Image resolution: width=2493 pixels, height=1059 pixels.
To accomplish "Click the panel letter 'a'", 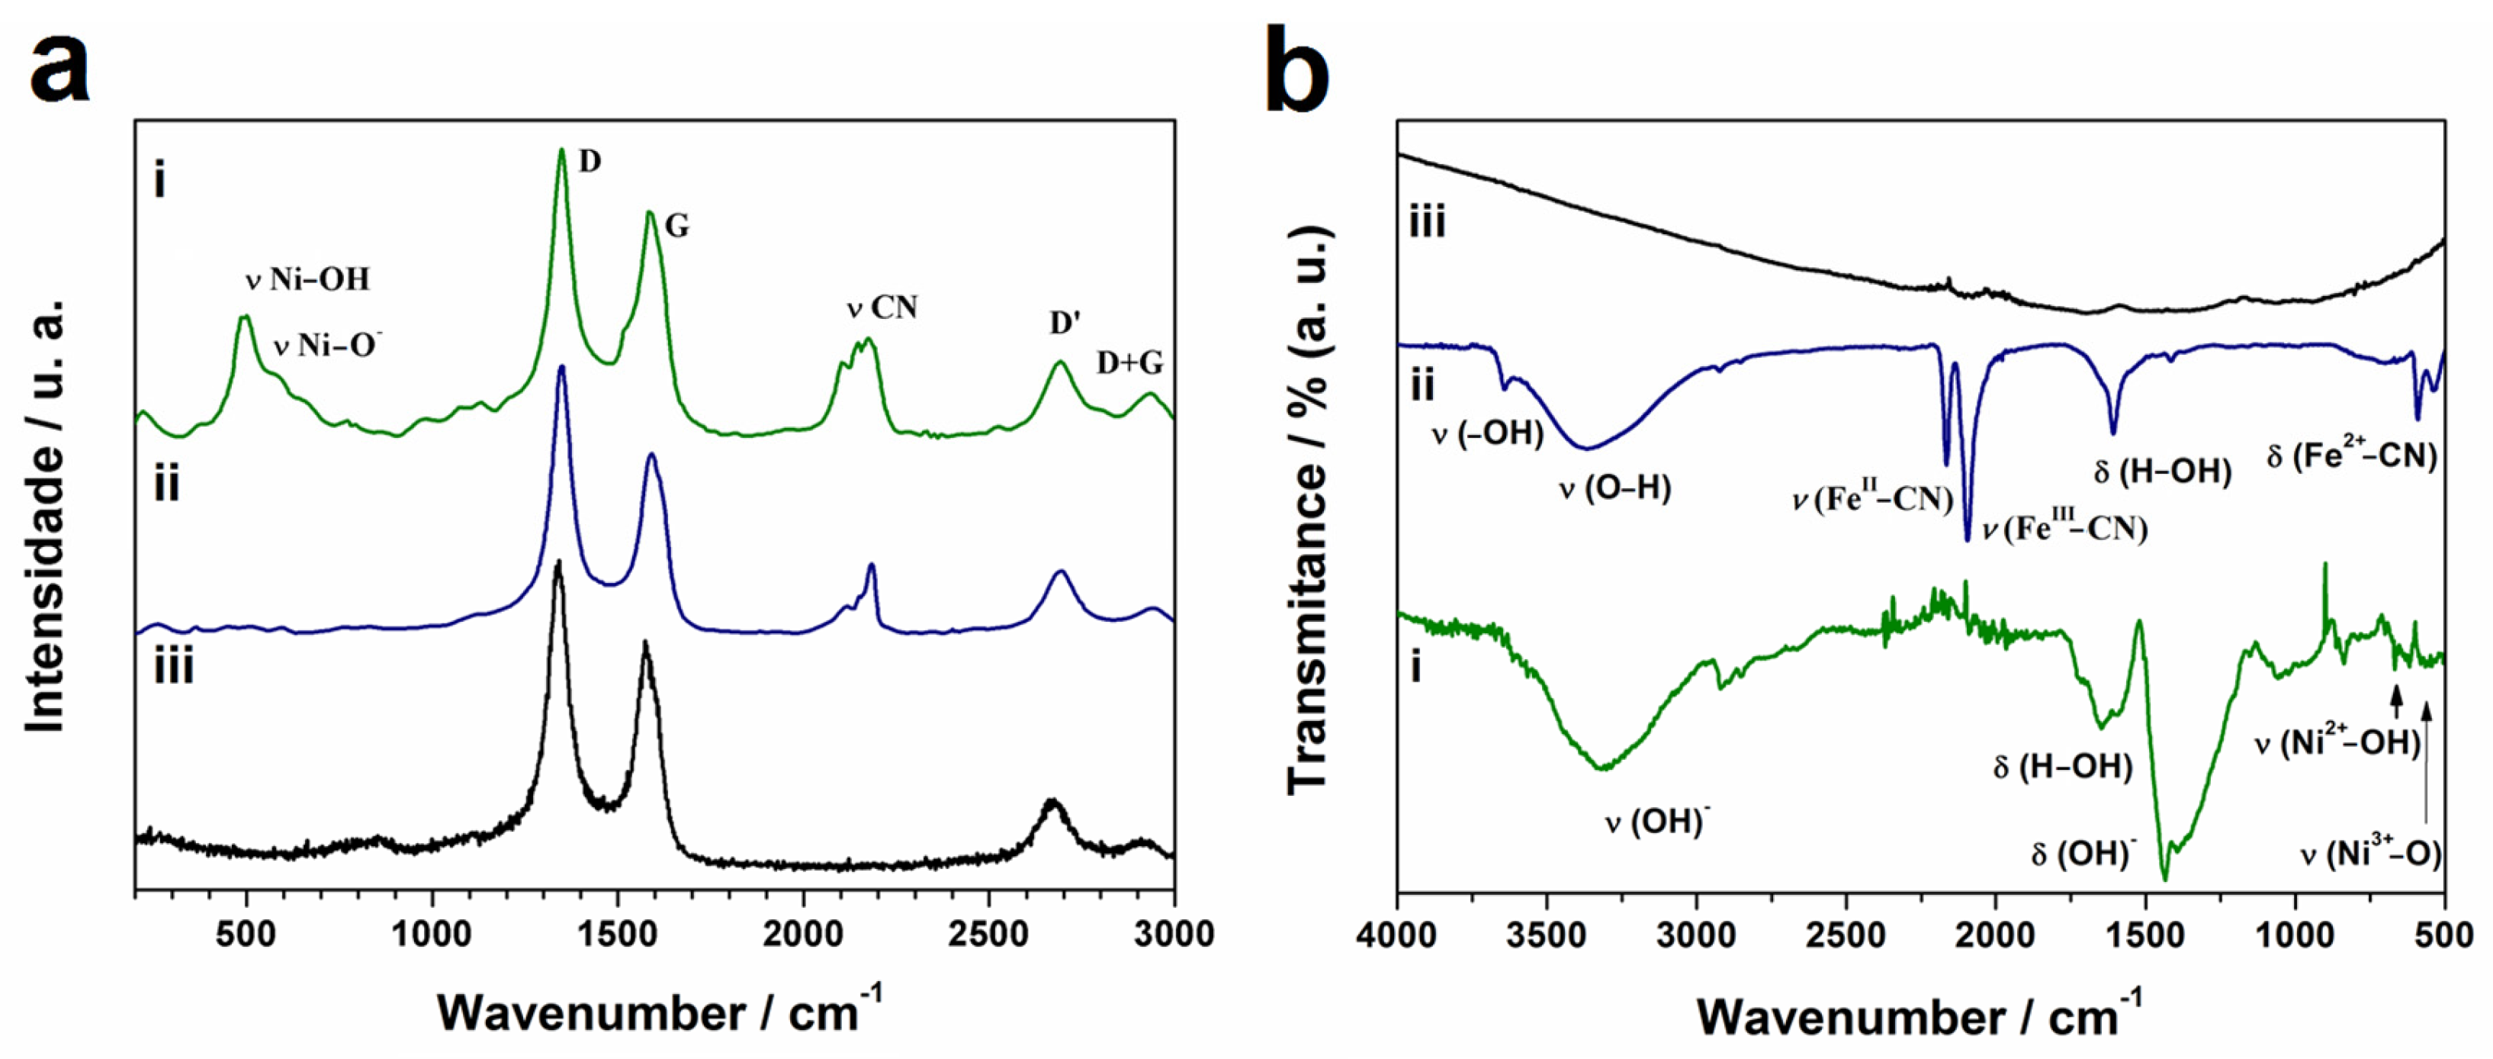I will click(60, 68).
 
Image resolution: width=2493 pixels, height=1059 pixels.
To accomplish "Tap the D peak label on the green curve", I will click(590, 162).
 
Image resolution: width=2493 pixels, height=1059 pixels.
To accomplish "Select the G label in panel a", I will click(676, 227).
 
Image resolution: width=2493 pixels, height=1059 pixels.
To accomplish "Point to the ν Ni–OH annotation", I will click(308, 281).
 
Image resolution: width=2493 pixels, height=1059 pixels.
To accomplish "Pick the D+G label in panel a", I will click(1129, 363).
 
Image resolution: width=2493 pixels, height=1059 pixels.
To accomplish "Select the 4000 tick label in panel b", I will click(1396, 936).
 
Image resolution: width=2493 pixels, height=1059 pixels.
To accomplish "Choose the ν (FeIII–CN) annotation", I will click(2065, 529).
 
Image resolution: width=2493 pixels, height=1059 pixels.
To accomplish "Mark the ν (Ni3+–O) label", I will click(2370, 854).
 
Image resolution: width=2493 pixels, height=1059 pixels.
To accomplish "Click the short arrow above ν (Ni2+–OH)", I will click(2395, 698).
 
